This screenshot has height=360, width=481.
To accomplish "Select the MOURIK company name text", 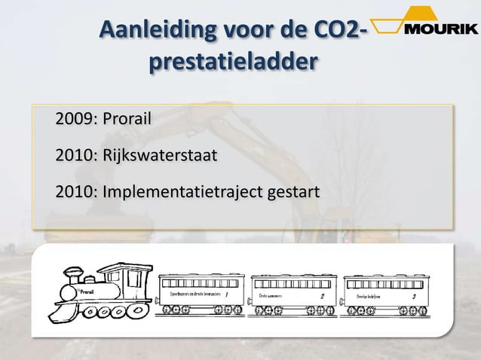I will (440, 29).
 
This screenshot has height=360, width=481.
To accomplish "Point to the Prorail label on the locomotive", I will (86, 291).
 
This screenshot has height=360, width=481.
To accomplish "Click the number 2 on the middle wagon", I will (323, 296).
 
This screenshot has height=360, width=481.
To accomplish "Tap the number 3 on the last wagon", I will (414, 296).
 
